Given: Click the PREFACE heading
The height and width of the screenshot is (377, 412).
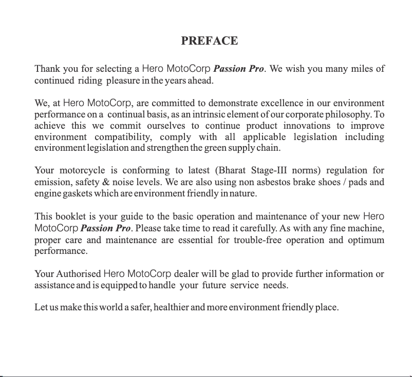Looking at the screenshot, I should point(209,41).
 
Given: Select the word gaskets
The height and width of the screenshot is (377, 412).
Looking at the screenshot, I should point(76,194).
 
